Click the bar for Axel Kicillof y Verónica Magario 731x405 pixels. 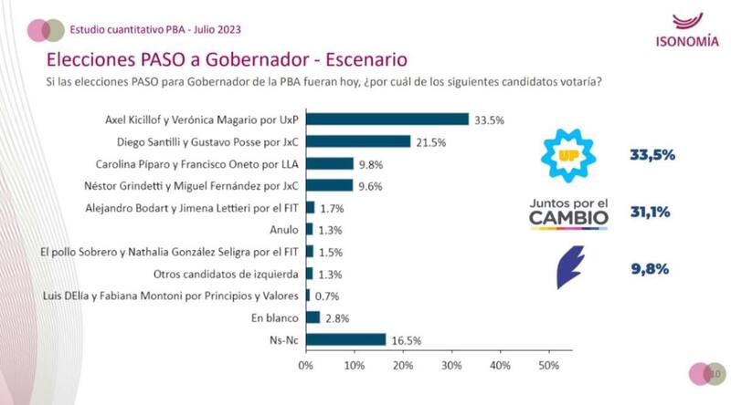point(387,119)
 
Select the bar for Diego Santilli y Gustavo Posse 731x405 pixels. point(357,141)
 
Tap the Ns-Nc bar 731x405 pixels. point(345,339)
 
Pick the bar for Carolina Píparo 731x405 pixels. point(329,163)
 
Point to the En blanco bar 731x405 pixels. point(312,317)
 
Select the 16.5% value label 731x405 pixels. point(405,339)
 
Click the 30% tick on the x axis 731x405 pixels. point(450,366)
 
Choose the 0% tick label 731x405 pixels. point(305,366)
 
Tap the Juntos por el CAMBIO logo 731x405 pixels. point(568,212)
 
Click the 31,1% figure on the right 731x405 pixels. point(651,213)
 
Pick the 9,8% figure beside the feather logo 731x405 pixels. point(651,268)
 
